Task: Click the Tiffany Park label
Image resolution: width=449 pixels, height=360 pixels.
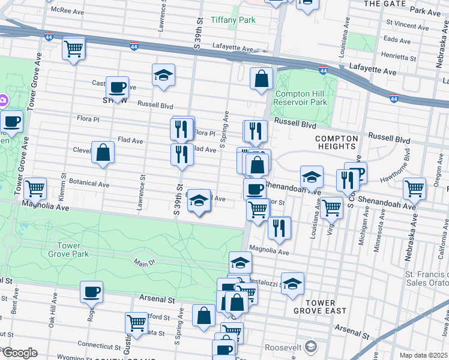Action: (x=233, y=20)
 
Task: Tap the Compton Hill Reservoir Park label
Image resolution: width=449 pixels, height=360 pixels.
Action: (x=301, y=98)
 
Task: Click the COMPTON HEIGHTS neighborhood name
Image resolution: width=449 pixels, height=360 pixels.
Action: (x=337, y=142)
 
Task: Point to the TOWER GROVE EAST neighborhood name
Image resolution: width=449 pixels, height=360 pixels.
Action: (x=320, y=307)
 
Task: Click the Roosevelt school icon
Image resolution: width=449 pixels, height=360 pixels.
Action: (x=311, y=346)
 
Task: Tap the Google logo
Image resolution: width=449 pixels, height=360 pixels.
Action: (x=19, y=353)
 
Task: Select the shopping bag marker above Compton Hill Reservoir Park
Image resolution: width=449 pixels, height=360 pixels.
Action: (x=262, y=78)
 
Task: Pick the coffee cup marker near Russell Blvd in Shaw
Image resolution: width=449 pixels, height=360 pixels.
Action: (x=117, y=87)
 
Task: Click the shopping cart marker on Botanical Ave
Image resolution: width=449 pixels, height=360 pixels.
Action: (x=35, y=188)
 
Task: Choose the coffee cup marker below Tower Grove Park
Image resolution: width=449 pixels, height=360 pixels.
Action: (x=91, y=292)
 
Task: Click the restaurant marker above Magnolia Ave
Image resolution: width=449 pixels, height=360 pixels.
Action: (x=279, y=227)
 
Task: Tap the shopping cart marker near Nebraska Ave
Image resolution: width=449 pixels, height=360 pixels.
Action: (x=415, y=188)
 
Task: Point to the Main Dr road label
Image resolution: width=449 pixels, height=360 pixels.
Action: (x=140, y=262)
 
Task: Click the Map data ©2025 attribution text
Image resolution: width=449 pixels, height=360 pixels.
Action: (x=423, y=355)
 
